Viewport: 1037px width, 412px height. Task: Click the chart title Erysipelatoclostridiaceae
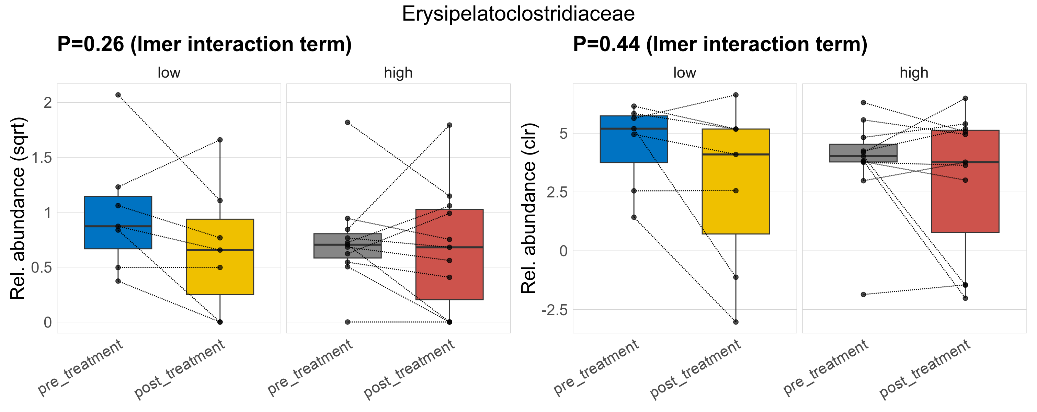pos(518,14)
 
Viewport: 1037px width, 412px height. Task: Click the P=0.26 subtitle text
pos(204,44)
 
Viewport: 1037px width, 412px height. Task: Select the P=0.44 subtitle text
pos(720,44)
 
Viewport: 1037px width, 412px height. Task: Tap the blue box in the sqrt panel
pos(118,237)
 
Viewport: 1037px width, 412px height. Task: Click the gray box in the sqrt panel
pos(347,251)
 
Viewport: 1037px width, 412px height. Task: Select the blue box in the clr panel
pos(634,149)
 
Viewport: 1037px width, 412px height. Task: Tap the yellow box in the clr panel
pos(736,201)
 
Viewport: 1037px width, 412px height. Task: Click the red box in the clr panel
pos(965,201)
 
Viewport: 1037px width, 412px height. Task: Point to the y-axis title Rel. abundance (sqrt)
pos(18,208)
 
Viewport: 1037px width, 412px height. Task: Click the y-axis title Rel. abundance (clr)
pos(529,208)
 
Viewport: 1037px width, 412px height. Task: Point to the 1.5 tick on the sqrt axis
pos(42,158)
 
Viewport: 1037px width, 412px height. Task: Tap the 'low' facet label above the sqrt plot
pos(169,73)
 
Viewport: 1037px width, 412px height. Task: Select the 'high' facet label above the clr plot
pos(914,73)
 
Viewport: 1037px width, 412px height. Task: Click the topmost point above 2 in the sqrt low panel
pos(118,95)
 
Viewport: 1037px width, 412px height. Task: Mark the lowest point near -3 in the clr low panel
pos(736,322)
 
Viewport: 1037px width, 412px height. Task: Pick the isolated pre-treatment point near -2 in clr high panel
pos(863,295)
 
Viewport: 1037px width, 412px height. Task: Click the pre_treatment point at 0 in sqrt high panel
pos(347,322)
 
